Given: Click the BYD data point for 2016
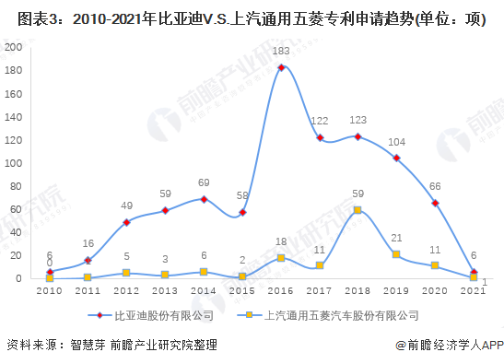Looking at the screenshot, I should pyautogui.click(x=280, y=67).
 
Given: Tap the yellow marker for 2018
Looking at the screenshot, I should pyautogui.click(x=357, y=210).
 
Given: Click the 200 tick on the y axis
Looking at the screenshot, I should pyautogui.click(x=15, y=47).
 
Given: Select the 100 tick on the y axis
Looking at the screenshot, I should pyautogui.click(x=15, y=163).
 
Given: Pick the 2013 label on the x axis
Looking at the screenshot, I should pyautogui.click(x=164, y=290).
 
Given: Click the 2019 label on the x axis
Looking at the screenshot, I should pyautogui.click(x=395, y=290).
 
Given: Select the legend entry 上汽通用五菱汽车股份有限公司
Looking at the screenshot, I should pyautogui.click(x=334, y=315).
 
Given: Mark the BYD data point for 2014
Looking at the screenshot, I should pyautogui.click(x=204, y=199).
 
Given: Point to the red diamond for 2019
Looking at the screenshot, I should pyautogui.click(x=396, y=159).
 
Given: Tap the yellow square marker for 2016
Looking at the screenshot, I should pyautogui.click(x=280, y=258).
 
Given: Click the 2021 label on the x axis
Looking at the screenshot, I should pyautogui.click(x=473, y=290).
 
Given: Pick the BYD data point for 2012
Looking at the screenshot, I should pyautogui.click(x=126, y=222).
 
